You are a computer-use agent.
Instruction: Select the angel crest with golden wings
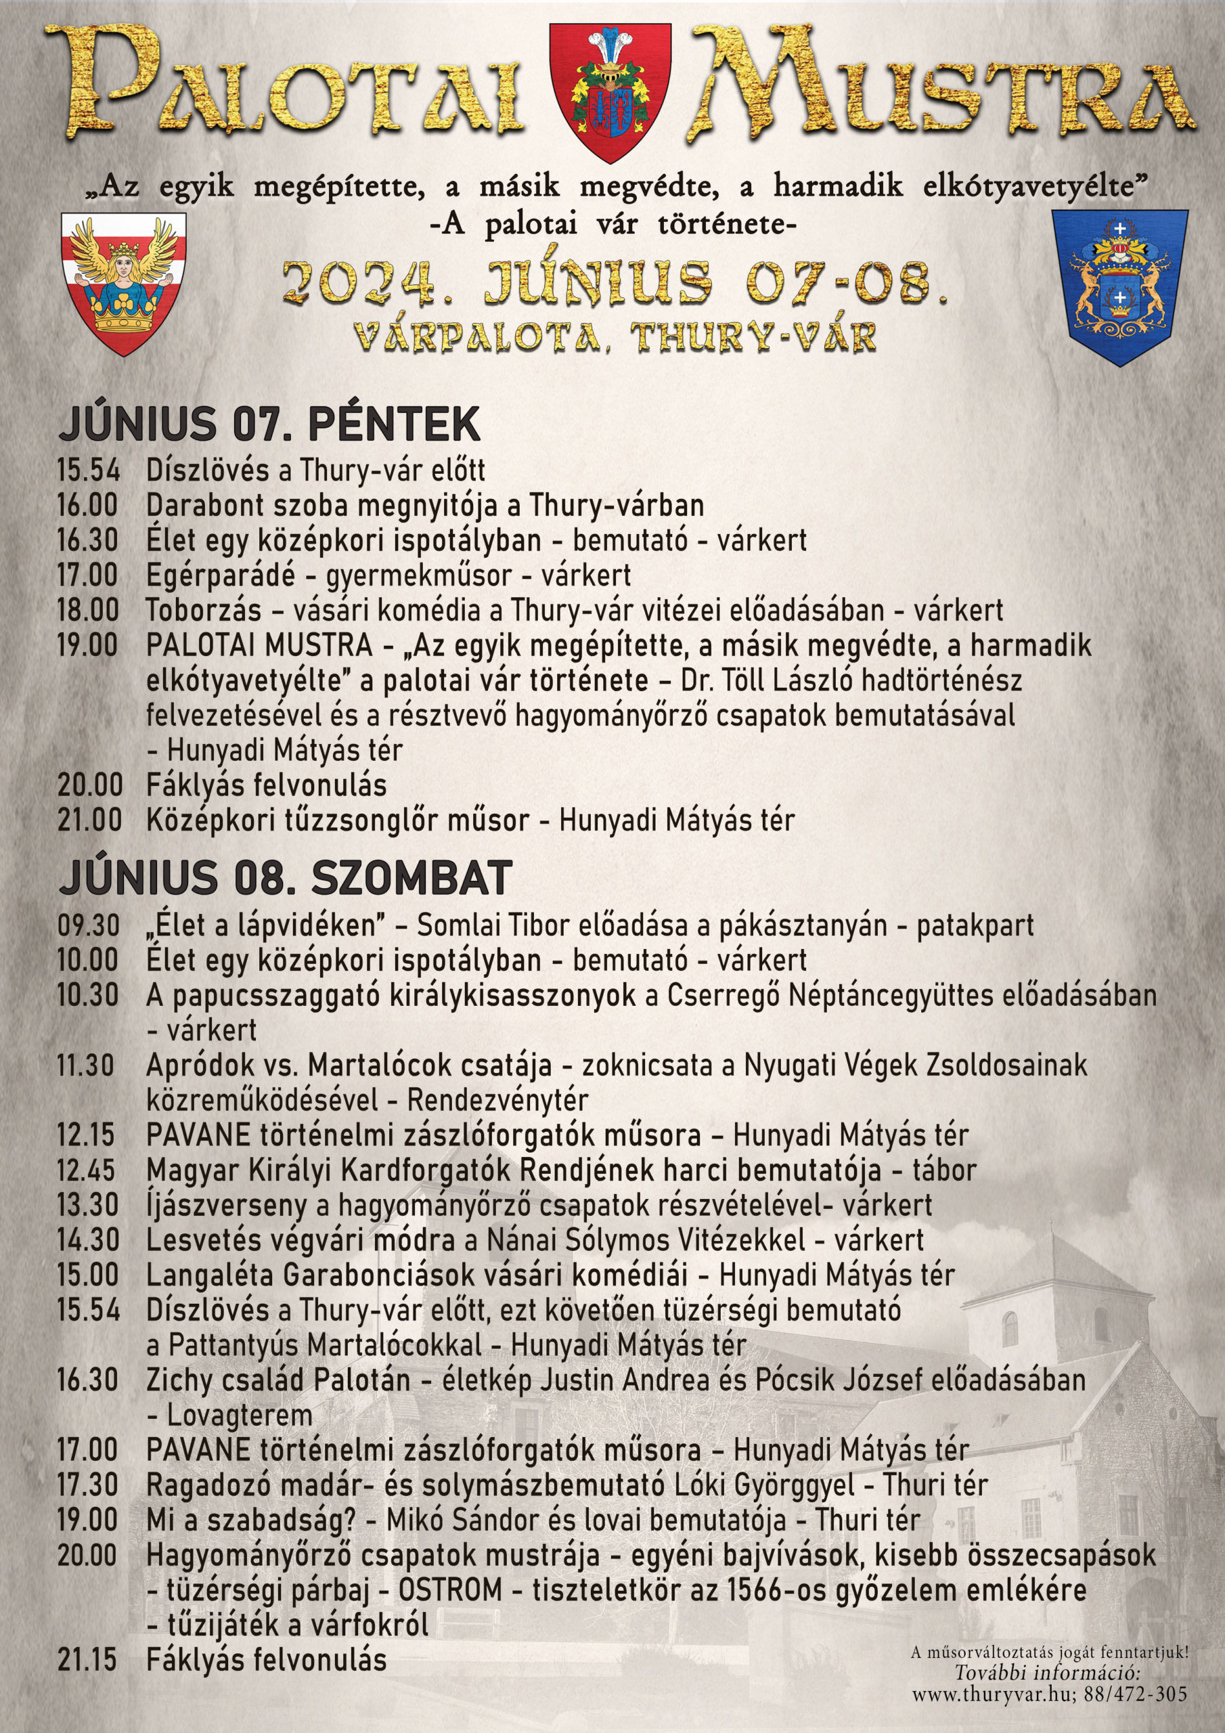(x=124, y=283)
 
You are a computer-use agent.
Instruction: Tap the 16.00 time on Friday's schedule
(x=87, y=505)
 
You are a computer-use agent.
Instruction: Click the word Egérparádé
(x=221, y=575)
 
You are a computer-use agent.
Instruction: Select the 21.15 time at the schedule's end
(x=87, y=1660)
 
